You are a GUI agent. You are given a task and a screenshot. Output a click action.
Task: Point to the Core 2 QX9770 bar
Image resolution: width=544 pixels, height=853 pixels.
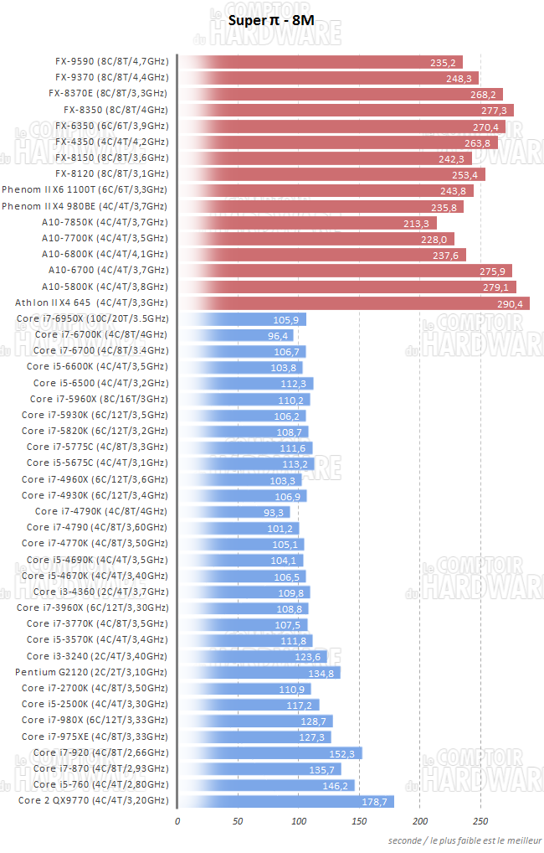285,801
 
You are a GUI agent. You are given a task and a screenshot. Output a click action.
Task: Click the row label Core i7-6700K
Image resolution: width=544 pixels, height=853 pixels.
100,334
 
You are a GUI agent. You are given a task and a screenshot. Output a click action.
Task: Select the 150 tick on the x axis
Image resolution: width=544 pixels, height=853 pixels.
358,821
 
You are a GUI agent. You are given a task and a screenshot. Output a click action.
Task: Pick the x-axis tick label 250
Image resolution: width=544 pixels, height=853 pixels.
480,821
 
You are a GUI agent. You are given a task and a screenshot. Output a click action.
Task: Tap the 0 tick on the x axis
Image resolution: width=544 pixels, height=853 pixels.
177,821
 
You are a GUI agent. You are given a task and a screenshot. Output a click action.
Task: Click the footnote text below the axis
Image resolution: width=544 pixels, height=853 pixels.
464,840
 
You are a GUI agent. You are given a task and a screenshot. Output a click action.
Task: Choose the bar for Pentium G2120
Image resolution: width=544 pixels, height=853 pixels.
259,673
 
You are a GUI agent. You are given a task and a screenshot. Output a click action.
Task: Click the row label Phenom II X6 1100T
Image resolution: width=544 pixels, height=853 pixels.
84,190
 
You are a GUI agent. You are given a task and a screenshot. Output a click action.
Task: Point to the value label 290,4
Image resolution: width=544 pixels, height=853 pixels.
511,303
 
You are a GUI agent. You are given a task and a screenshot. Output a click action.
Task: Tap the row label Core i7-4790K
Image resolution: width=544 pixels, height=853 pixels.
100,511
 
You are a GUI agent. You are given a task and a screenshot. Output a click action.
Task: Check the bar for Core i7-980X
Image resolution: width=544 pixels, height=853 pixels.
255,721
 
